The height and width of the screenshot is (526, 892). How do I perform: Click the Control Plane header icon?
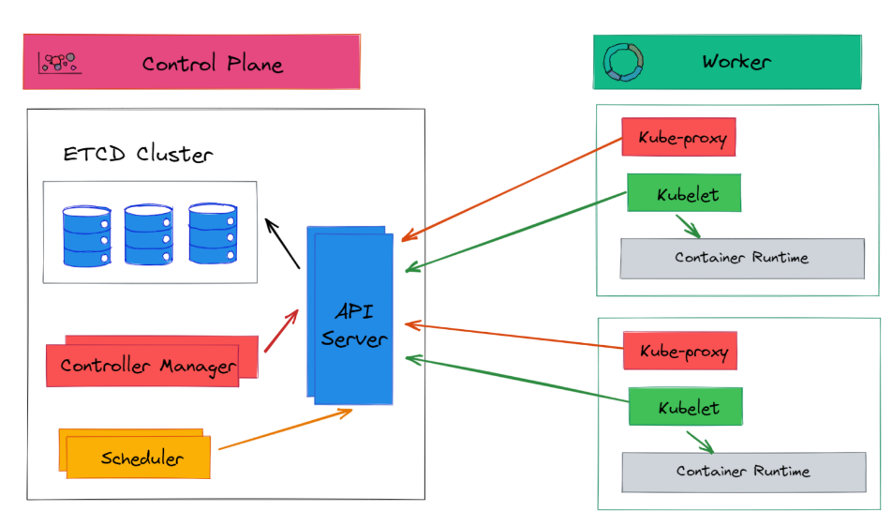57,63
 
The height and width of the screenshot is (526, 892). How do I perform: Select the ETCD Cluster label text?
138,155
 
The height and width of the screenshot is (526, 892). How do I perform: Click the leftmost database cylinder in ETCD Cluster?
87,234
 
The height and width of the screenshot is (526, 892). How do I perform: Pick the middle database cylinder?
149,234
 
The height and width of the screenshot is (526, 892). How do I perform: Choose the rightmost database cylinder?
213,233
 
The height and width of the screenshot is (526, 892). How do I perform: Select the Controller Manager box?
148,365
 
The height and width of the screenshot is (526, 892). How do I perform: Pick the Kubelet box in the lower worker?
687,408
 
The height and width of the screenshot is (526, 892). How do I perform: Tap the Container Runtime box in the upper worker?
741,258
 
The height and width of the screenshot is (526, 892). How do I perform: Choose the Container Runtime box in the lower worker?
743,472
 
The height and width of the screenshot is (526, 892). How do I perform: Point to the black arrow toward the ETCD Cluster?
281,243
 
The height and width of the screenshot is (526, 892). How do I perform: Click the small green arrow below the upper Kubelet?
689,227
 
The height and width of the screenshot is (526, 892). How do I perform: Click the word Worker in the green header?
736,62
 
